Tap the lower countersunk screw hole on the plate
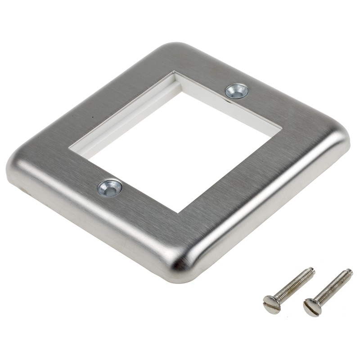[110, 187]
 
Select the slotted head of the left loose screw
[271, 304]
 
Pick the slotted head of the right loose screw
[312, 307]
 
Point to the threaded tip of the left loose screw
[311, 271]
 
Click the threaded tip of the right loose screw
[349, 272]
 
